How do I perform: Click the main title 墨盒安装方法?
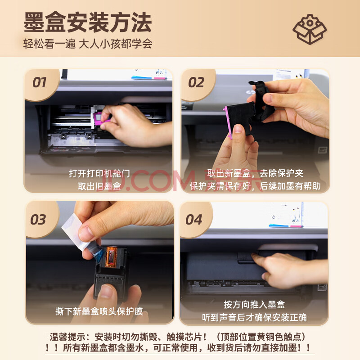point(88,22)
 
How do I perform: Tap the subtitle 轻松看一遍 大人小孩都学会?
point(88,44)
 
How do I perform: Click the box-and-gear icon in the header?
point(310,29)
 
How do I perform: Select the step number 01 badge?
point(40,83)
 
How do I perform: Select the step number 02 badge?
point(196,83)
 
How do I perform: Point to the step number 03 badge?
point(38,220)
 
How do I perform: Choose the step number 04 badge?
point(194,220)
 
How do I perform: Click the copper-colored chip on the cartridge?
point(111,256)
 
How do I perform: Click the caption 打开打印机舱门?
point(99,174)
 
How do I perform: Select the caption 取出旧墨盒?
point(99,186)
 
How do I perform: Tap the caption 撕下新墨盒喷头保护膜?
point(99,311)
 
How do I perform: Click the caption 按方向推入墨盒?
point(254,305)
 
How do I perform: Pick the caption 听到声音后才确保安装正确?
point(254,318)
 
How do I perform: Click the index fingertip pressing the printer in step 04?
point(254,256)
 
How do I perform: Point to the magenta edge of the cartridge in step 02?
point(228,123)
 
